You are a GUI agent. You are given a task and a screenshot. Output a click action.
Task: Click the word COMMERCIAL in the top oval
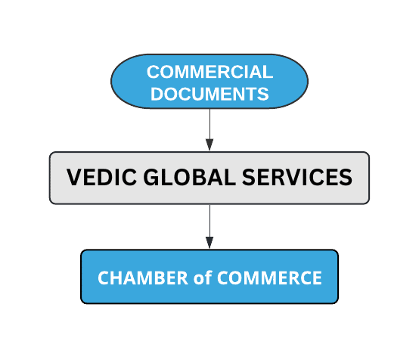209,72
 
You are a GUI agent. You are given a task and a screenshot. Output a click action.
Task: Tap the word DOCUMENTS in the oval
209,94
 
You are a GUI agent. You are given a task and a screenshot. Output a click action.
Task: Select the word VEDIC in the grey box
101,177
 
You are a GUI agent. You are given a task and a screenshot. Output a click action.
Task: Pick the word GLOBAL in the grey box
189,177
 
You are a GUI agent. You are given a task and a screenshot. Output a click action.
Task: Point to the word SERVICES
297,177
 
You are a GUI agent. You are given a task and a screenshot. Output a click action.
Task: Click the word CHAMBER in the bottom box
143,278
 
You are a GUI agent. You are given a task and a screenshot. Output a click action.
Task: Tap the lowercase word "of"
203,278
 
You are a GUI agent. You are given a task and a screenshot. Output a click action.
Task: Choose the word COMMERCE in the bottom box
269,278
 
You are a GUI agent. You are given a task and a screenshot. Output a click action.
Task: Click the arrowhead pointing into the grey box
209,144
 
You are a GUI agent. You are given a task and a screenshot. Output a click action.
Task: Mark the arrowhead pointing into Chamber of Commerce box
209,243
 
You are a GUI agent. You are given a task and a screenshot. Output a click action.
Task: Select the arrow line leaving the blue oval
209,129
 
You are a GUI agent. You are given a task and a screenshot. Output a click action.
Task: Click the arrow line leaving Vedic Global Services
209,227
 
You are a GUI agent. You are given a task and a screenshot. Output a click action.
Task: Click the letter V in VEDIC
73,177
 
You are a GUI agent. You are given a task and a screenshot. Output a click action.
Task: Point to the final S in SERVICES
346,177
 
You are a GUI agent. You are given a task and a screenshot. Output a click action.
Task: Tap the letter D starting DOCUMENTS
157,94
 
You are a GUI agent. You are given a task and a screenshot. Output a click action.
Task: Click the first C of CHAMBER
104,278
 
